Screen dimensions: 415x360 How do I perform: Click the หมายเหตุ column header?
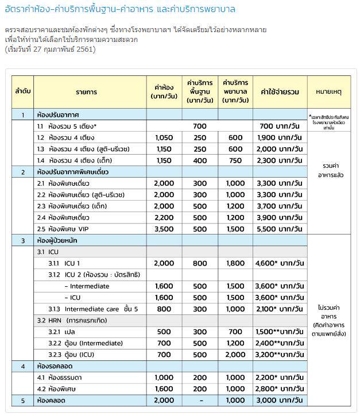pyautogui.click(x=328, y=91)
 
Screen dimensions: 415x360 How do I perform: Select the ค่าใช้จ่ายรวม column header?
pyautogui.click(x=280, y=91)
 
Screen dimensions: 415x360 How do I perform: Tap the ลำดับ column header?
pyautogui.click(x=23, y=91)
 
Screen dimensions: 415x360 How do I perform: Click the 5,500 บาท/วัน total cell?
pyautogui.click(x=280, y=228)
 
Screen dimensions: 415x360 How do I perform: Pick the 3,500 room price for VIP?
pyautogui.click(x=164, y=228)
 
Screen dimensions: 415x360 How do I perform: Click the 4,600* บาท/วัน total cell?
pyautogui.click(x=280, y=263)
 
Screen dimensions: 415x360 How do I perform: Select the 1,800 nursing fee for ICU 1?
pyautogui.click(x=235, y=263)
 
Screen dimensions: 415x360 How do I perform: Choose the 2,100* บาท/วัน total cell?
pyautogui.click(x=280, y=309)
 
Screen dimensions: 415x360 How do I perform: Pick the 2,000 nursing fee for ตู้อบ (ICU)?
pyautogui.click(x=235, y=354)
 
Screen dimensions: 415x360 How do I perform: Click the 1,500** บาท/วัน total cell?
pyautogui.click(x=280, y=332)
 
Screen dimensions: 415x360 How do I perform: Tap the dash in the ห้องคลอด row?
pyautogui.click(x=200, y=400)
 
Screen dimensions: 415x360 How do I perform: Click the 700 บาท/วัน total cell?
pyautogui.click(x=280, y=126)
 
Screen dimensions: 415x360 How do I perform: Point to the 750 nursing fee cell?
pyautogui.click(x=235, y=160)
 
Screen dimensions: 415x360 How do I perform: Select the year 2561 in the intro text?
pyautogui.click(x=85, y=49)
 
